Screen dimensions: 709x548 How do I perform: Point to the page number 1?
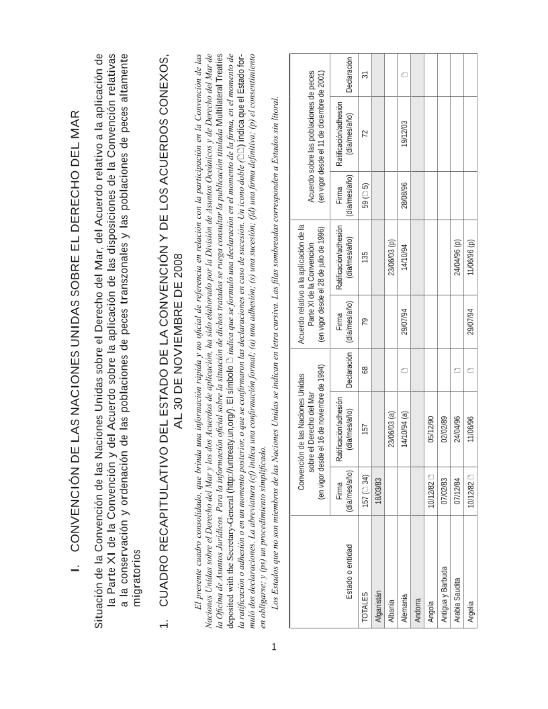[273, 648]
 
